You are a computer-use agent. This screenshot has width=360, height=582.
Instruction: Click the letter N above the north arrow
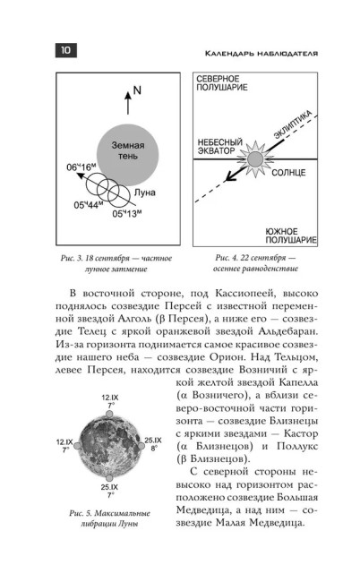(x=137, y=90)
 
